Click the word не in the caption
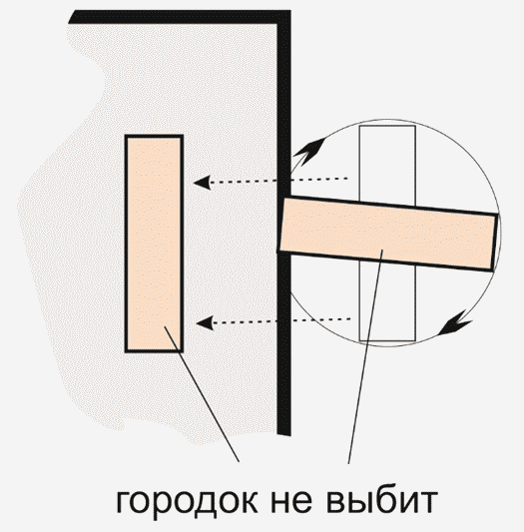point(291,501)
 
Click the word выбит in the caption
point(382,500)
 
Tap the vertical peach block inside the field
point(154,244)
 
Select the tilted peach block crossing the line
point(388,235)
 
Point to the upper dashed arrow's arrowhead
point(202,183)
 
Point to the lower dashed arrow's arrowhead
point(205,322)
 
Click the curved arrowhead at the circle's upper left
point(309,152)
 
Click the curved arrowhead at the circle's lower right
point(455,323)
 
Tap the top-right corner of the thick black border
point(290,11)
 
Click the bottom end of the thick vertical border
point(283,434)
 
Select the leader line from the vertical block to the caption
point(202,394)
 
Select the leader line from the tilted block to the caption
point(365,356)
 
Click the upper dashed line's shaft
point(279,180)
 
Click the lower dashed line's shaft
point(281,320)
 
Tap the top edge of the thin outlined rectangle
point(387,126)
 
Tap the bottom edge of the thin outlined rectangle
point(387,340)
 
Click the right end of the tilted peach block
point(495,243)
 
